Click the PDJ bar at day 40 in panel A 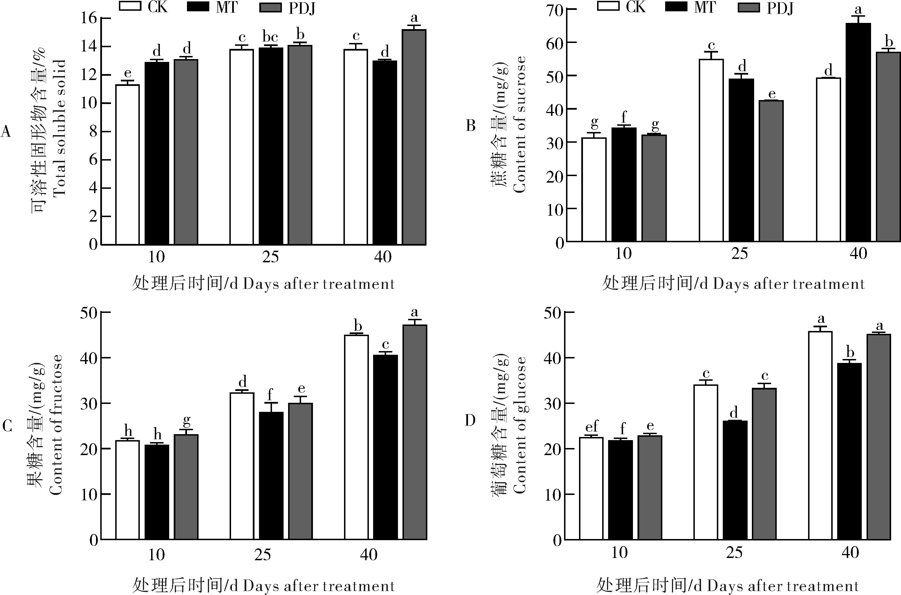[414, 137]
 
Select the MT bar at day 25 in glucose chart [735, 480]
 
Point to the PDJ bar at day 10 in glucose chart [650, 487]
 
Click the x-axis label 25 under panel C [262, 555]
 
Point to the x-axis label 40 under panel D [850, 553]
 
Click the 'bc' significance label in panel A [270, 37]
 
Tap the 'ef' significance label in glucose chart [591, 427]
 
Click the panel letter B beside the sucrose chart [471, 126]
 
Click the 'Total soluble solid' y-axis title [60, 127]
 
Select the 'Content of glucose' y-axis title [519, 425]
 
